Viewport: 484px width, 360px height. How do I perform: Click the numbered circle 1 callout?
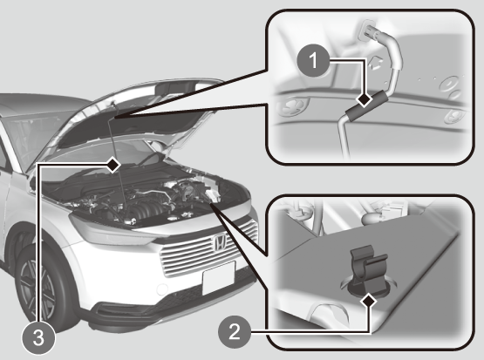coord(313,60)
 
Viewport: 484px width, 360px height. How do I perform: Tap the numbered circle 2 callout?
coord(235,332)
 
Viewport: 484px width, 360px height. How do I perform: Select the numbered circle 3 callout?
coord(38,337)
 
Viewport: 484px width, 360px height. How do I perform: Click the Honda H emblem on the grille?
coord(220,241)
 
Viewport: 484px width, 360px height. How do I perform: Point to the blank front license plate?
coord(219,278)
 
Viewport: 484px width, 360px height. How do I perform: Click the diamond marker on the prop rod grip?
coord(365,100)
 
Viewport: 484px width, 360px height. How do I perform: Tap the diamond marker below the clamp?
coord(369,301)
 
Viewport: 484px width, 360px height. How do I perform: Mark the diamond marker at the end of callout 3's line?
coord(113,165)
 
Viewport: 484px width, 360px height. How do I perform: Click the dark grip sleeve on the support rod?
coord(366,105)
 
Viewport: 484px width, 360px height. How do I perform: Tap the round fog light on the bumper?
coord(162,289)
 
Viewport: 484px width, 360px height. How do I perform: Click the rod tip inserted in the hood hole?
coord(369,31)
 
